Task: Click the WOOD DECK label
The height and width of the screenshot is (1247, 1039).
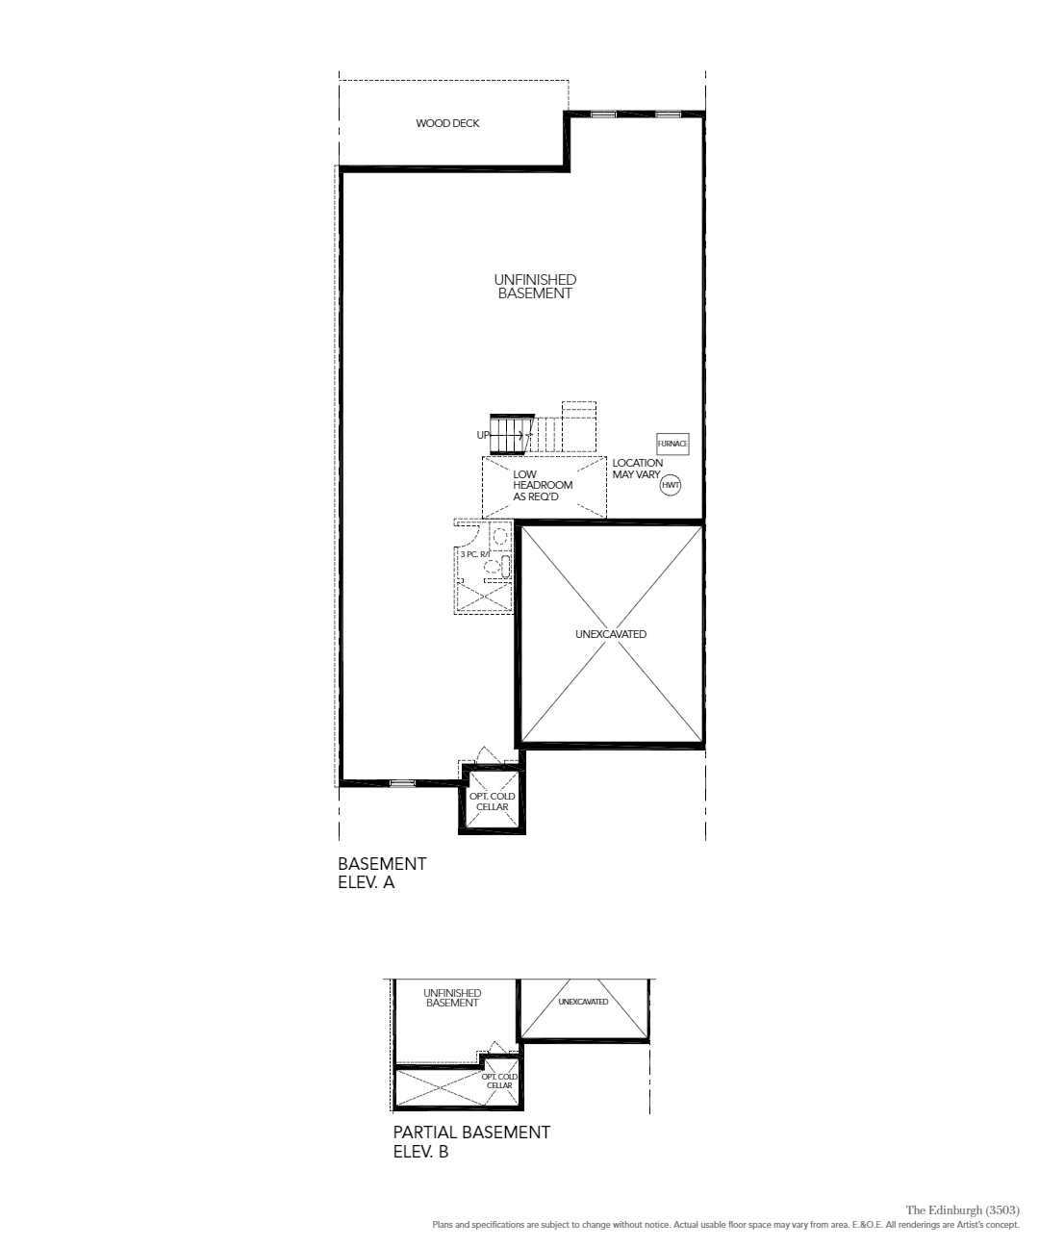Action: point(447,123)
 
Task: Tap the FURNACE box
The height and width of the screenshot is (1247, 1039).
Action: point(672,444)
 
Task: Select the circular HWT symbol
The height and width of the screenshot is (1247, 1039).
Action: point(670,485)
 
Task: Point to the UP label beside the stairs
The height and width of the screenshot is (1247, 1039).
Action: point(483,435)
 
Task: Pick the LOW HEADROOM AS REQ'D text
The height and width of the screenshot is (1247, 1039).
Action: point(543,485)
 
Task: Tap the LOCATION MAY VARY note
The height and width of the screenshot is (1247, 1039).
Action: point(637,469)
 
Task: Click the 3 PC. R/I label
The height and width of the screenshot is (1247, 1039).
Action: point(474,554)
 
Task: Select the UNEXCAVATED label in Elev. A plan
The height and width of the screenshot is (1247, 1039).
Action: point(611,634)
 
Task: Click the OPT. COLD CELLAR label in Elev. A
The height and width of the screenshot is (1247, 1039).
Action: point(492,802)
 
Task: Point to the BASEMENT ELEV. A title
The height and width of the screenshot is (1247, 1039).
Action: point(382,873)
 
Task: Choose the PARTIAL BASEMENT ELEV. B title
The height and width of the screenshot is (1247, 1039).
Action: point(471,1142)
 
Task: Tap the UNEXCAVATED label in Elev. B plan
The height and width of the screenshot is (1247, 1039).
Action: point(583,1002)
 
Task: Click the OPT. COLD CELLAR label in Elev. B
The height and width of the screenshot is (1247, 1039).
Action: point(500,1081)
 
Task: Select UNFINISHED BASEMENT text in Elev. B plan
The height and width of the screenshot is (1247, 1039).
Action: point(452,998)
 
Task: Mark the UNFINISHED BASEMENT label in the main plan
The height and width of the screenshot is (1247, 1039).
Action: point(535,287)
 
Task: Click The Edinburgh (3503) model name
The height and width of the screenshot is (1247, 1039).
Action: point(963,1210)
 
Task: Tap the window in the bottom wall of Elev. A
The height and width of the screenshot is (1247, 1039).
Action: point(402,783)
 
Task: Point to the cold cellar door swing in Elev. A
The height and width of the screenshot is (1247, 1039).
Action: point(489,755)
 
